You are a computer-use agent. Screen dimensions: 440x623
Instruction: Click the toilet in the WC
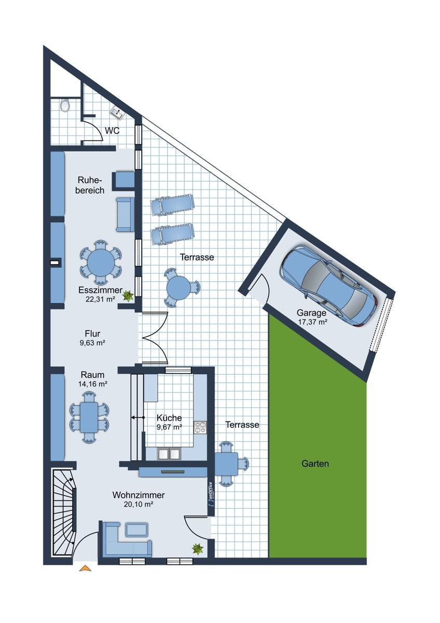65,105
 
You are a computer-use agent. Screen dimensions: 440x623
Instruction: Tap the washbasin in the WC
118,113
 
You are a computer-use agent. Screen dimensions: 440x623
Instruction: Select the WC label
112,130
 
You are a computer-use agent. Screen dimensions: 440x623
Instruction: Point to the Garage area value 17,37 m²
312,322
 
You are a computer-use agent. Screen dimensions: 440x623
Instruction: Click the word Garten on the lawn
315,464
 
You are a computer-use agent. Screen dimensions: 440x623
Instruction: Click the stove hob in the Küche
200,427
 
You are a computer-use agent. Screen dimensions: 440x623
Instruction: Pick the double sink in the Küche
169,454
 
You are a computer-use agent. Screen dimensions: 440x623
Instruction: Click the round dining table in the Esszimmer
101,263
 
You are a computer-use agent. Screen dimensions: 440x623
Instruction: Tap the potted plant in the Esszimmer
128,295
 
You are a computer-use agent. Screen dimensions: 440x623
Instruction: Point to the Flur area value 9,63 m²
92,343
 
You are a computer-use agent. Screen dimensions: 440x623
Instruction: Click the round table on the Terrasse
179,287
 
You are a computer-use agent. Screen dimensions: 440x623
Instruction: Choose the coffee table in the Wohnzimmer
136,530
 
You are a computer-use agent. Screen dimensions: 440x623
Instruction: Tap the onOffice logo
211,494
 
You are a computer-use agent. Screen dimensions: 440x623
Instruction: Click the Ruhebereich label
90,185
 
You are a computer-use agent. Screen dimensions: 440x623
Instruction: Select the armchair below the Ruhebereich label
125,214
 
